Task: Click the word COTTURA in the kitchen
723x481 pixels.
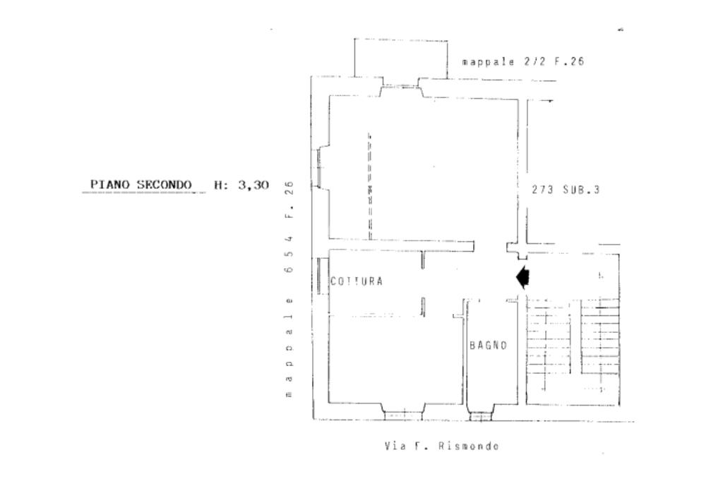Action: coord(357,281)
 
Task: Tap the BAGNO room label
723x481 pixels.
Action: coord(488,346)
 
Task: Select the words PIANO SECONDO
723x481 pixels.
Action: coord(141,185)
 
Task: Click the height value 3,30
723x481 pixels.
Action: coord(253,185)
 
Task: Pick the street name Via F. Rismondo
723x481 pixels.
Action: coord(442,446)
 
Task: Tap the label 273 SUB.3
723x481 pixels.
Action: coord(566,190)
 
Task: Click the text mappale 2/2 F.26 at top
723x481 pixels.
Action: coord(522,62)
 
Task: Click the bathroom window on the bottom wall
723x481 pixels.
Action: coord(480,416)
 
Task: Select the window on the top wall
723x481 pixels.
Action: coord(401,90)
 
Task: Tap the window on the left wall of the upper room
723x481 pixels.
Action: coord(319,168)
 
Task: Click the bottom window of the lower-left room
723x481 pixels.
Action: coord(403,415)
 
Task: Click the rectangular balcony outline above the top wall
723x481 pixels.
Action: coord(400,58)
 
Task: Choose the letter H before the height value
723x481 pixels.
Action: coord(219,185)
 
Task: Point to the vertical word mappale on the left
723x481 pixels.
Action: coord(289,346)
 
